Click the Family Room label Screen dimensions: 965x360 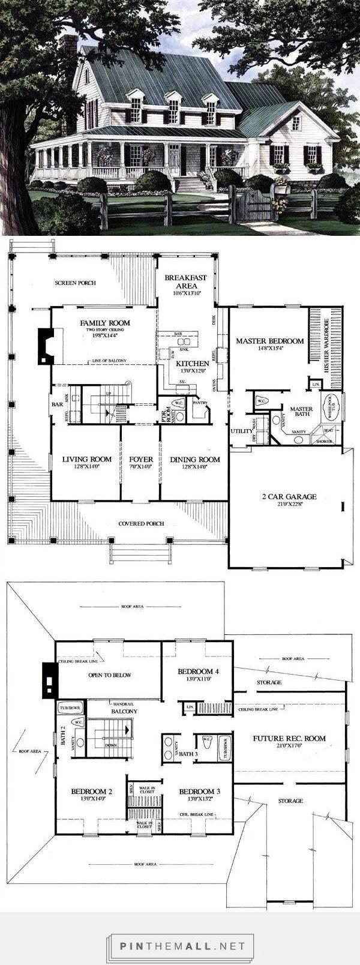105,323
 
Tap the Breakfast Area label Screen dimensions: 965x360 185,281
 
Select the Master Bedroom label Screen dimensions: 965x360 269,341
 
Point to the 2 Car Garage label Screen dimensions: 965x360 289,496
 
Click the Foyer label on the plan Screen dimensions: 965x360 141,460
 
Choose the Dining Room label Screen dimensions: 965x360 194,460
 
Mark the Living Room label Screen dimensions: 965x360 86,460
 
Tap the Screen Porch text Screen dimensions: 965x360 75,283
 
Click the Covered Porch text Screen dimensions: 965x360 141,523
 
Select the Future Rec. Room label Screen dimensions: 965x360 289,738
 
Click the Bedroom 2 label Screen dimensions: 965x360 91,792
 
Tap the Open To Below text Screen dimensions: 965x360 109,675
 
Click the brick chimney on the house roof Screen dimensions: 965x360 68,45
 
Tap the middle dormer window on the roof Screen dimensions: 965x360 173,107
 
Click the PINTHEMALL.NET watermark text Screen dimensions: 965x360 182,946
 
